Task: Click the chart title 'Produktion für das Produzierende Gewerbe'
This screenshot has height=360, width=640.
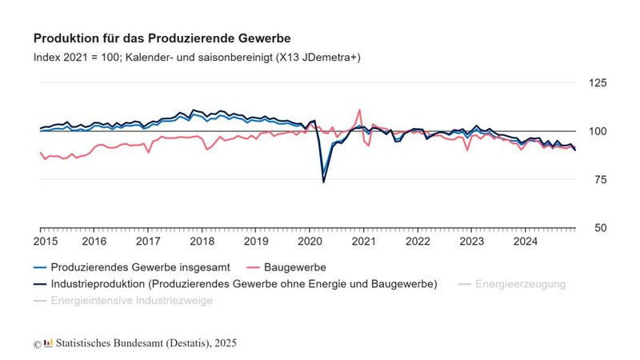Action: pos(162,38)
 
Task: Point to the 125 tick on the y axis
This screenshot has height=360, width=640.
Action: pos(597,83)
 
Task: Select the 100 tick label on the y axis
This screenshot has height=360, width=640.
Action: pos(597,131)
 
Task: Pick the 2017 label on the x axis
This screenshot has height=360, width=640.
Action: pos(148,241)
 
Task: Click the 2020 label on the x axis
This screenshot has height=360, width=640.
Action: pos(310,241)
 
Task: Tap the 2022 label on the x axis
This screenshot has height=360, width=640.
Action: pos(418,241)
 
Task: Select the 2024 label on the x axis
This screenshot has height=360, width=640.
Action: pos(525,241)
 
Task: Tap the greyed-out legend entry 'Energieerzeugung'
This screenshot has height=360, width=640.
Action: pos(520,284)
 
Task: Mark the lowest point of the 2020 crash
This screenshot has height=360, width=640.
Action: pos(323,182)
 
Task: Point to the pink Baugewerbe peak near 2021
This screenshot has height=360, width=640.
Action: pos(360,110)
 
